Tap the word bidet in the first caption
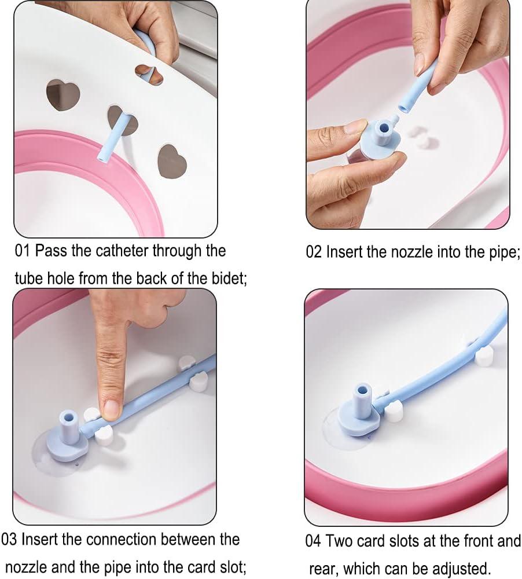(x=227, y=278)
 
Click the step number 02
(x=314, y=252)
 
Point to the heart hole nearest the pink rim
(x=172, y=159)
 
